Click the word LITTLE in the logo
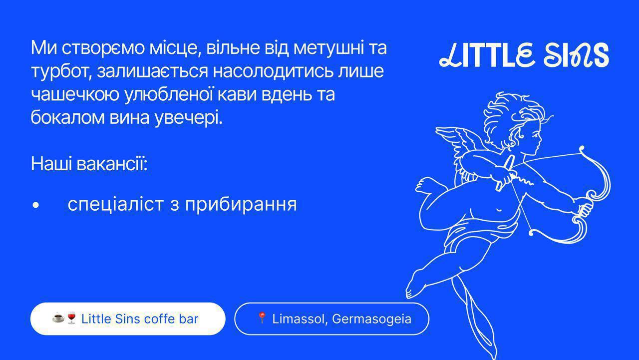486,55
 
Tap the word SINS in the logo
576,55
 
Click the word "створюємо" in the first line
103,48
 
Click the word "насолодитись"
273,71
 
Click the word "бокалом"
67,117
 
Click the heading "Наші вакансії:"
89,164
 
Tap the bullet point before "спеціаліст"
35,205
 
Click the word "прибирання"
241,205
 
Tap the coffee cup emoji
58,318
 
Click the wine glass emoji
71,318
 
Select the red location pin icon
262,318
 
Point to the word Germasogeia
372,319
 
